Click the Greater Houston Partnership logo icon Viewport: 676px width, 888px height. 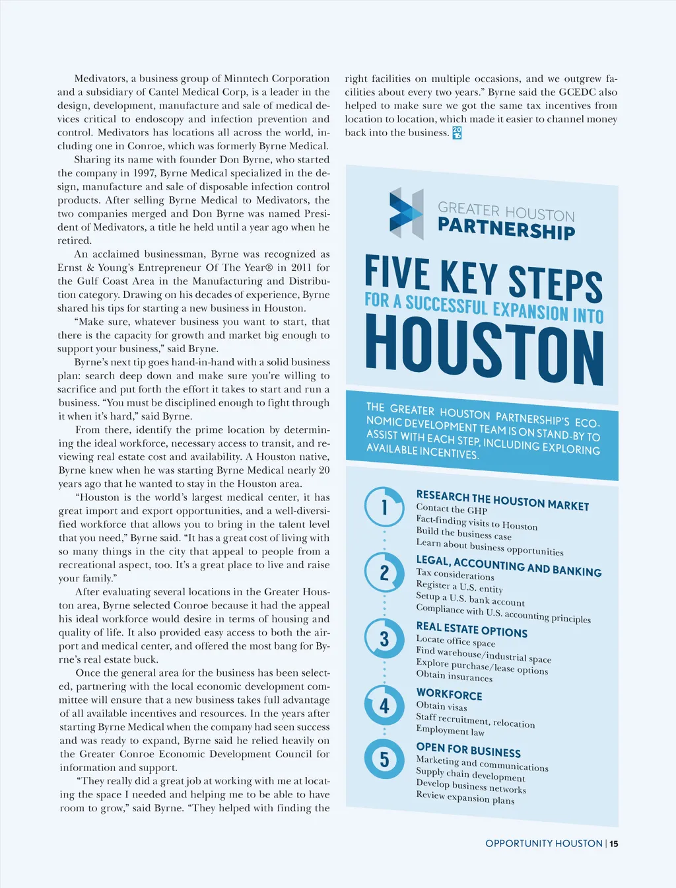coord(405,213)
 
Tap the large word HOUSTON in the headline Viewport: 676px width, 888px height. coord(484,350)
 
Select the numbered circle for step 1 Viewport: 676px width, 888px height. coord(384,507)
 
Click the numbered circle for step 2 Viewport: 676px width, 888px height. coord(384,572)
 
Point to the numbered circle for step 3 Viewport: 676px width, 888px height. coord(384,638)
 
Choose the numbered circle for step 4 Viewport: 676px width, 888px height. coord(384,705)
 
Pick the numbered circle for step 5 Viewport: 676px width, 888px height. coord(384,759)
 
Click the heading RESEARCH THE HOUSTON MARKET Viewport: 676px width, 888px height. coord(502,500)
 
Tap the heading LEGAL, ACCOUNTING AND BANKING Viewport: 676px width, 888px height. coord(508,566)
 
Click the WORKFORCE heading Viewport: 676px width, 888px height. coord(449,694)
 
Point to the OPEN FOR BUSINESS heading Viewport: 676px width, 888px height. coord(468,750)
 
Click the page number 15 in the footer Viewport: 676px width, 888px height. coord(614,844)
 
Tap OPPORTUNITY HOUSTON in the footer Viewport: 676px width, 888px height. coord(543,844)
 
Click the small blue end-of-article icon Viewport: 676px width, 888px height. coord(457,133)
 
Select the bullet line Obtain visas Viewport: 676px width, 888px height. coord(441,706)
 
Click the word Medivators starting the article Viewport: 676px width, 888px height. coord(100,79)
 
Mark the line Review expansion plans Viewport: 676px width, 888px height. coord(465,797)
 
